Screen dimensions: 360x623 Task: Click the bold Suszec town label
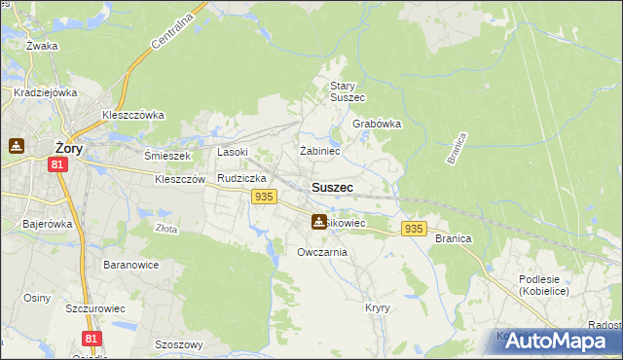click(x=332, y=187)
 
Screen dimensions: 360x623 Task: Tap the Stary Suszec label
click(x=348, y=91)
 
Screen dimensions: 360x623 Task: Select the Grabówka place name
click(x=377, y=125)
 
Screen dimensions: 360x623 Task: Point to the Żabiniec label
click(x=319, y=151)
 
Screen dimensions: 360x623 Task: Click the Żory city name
click(x=67, y=148)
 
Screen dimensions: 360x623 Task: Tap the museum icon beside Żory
click(x=17, y=146)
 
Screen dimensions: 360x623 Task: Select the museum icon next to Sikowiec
click(x=318, y=222)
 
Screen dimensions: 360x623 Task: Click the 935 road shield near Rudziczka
click(x=262, y=197)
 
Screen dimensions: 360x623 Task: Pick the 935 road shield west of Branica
click(x=414, y=229)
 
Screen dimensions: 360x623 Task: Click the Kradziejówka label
click(x=45, y=93)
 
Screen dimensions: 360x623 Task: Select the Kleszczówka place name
click(x=133, y=114)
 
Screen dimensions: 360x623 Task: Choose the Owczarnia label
click(x=322, y=252)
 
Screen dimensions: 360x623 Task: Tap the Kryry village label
click(x=378, y=307)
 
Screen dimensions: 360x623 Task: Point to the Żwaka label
click(x=43, y=46)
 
